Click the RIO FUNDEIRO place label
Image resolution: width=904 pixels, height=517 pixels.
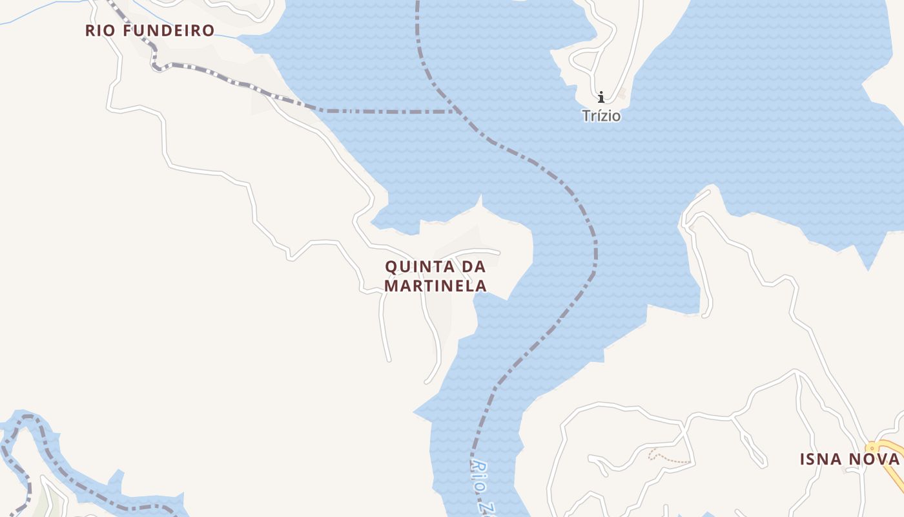coord(150,30)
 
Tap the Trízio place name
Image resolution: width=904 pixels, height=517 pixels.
coord(601,116)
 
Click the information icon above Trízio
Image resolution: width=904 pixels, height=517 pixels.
coord(601,98)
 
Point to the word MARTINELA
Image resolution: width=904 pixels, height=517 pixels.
coord(435,286)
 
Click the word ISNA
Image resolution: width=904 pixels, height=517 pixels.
coord(821,459)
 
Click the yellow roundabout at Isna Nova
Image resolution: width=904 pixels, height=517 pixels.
coord(874,447)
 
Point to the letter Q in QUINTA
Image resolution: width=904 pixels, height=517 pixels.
coord(391,266)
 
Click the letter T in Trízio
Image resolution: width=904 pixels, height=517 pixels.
coord(586,116)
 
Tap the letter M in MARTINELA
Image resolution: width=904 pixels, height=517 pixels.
coord(391,286)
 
